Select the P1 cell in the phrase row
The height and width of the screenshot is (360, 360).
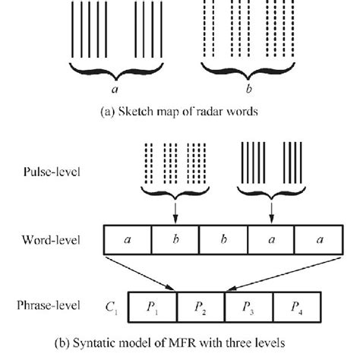point(153,309)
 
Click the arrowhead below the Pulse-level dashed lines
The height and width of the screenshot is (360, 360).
point(176,221)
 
